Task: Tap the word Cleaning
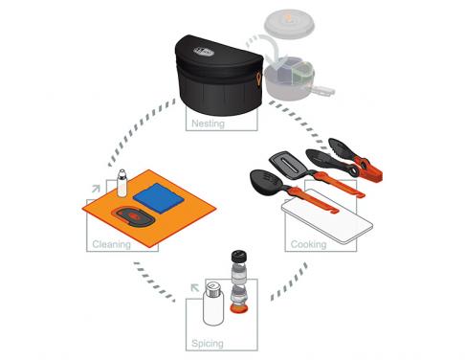pyautogui.click(x=112, y=244)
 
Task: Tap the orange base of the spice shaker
pyautogui.click(x=241, y=305)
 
